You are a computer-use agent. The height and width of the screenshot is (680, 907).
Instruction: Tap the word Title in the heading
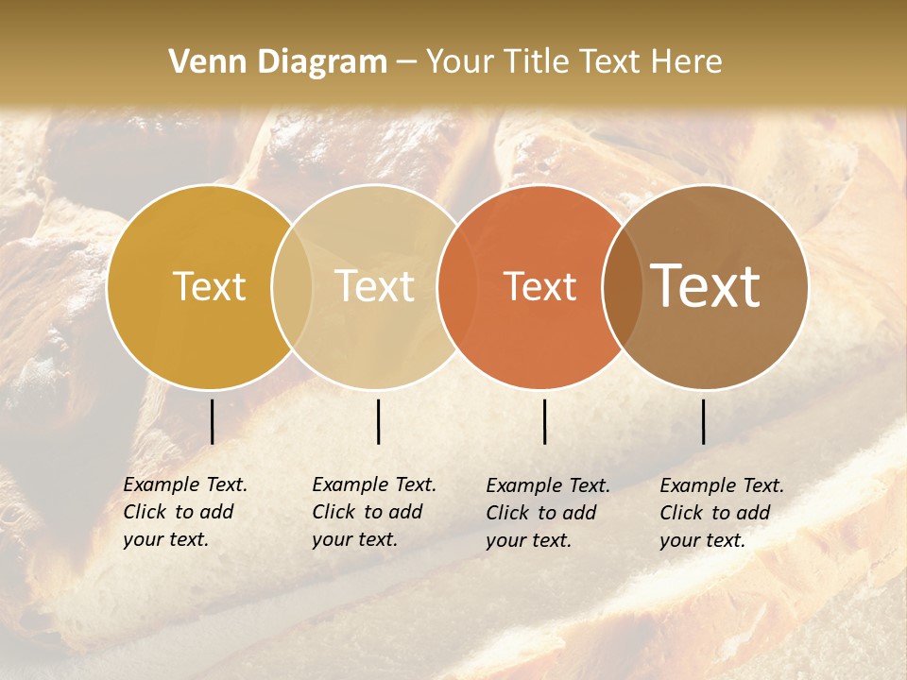coord(539,62)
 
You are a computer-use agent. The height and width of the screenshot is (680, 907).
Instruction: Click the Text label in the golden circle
coord(209,286)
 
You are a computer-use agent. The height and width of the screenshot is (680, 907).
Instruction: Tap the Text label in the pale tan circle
coord(375,286)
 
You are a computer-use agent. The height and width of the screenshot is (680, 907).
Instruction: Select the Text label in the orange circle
coord(540,287)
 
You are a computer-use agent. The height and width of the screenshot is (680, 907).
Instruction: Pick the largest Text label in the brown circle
coord(706,286)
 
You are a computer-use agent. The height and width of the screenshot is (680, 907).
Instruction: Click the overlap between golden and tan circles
coord(292,286)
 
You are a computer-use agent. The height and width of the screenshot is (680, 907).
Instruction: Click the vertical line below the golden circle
coord(212,421)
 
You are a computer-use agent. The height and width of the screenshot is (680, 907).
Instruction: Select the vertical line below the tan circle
coord(378,421)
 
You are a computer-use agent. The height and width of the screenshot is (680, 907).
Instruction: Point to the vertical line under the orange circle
coord(544,421)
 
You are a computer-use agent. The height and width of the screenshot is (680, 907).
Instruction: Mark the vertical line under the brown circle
coord(703,421)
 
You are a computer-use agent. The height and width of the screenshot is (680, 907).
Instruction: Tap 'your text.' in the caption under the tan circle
coord(354,539)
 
